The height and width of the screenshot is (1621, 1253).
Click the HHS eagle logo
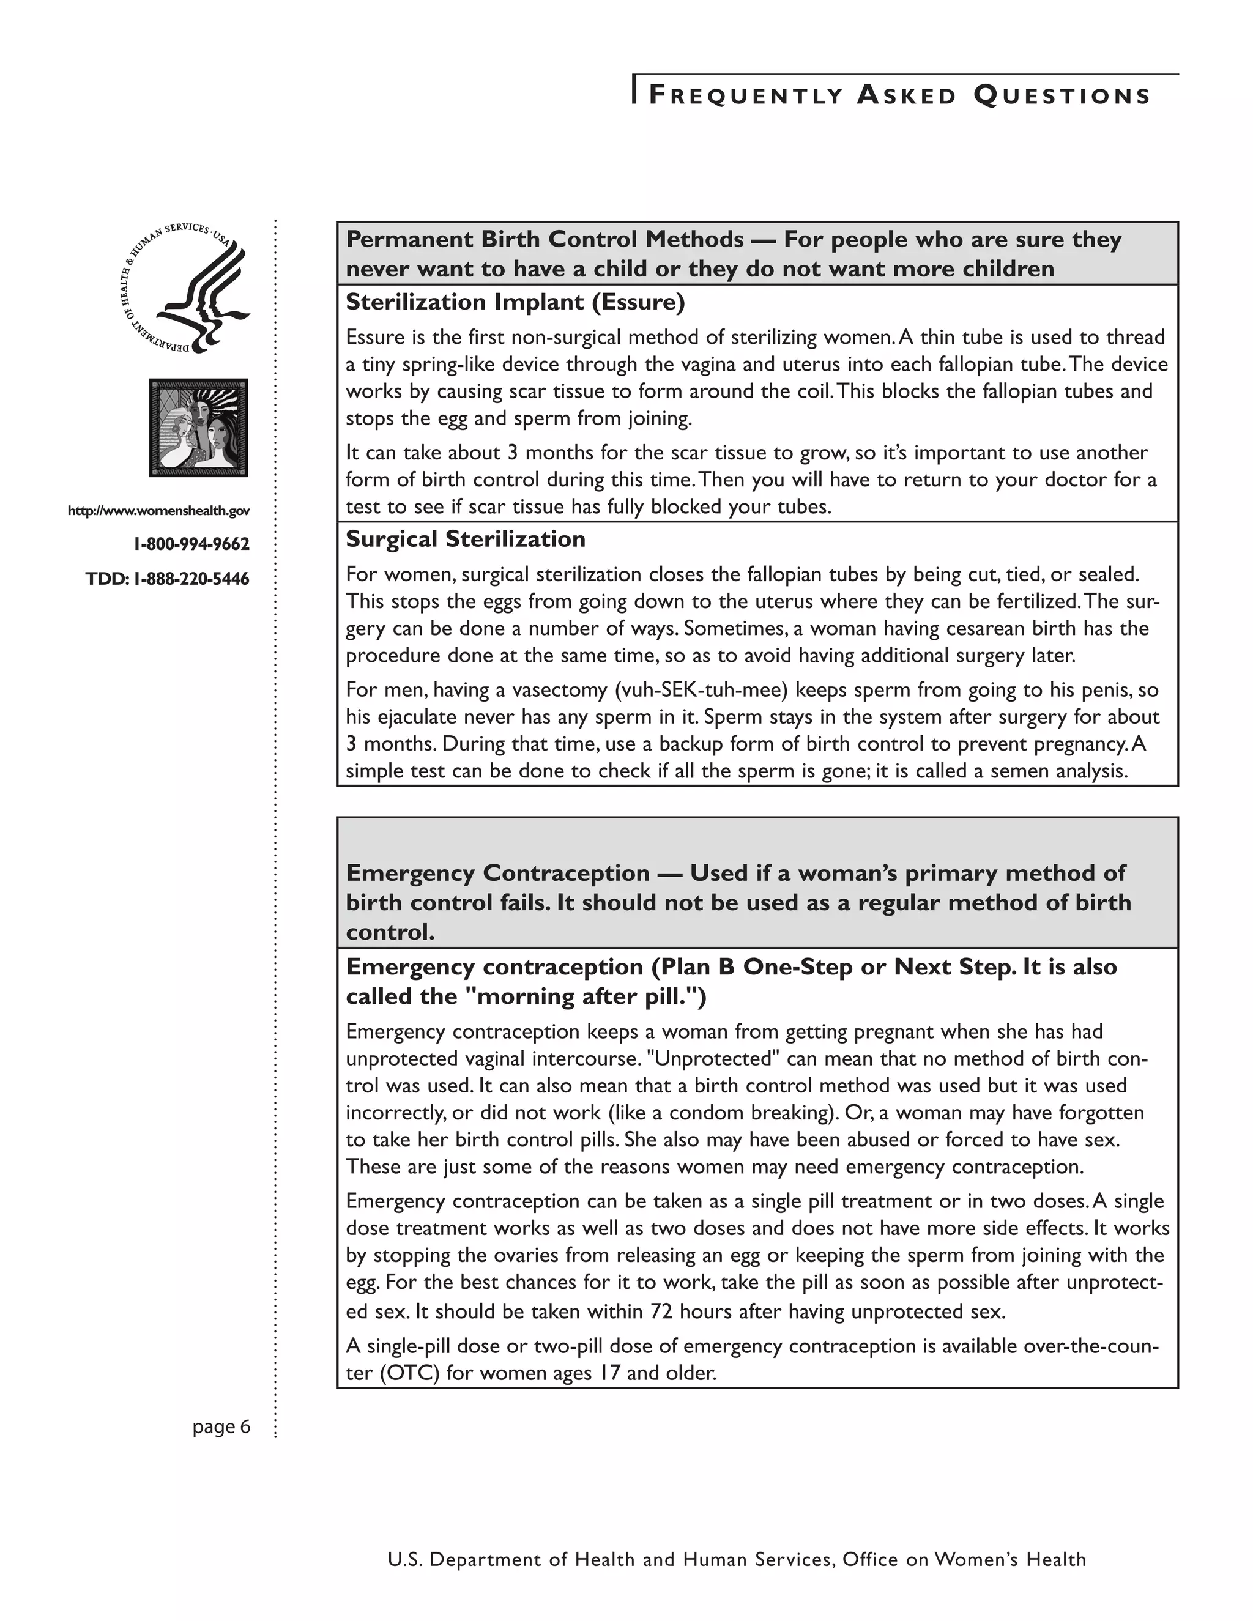click(185, 287)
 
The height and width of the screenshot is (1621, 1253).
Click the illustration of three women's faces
click(198, 428)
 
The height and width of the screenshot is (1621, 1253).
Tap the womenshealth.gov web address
click(159, 511)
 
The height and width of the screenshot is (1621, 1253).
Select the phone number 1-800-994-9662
click(191, 544)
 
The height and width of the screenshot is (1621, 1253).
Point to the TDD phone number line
click(168, 578)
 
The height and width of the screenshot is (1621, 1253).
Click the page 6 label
click(221, 1426)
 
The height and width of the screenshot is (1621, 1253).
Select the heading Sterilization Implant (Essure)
click(515, 302)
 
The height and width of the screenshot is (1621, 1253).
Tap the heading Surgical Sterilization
click(466, 539)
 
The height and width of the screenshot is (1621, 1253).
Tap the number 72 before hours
click(661, 1311)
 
